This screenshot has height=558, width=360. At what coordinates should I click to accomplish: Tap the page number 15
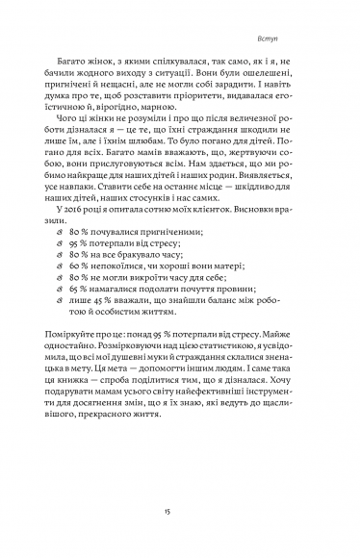(180, 514)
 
